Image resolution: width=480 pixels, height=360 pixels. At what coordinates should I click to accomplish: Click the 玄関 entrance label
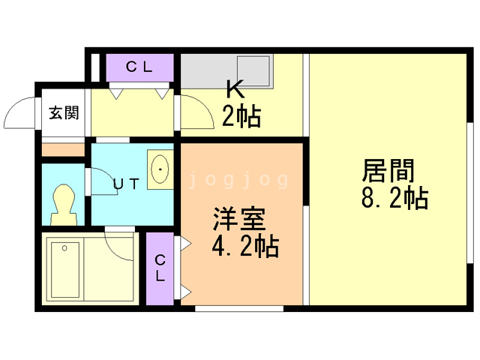click(x=64, y=113)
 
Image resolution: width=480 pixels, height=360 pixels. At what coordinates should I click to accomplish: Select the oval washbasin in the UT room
click(x=161, y=170)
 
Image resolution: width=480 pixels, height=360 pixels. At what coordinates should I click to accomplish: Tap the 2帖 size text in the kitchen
click(x=241, y=116)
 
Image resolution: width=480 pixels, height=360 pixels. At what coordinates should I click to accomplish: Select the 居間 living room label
click(x=388, y=172)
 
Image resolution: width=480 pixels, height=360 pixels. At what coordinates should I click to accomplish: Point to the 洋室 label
click(x=238, y=220)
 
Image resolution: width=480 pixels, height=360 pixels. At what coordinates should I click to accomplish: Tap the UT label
click(x=124, y=183)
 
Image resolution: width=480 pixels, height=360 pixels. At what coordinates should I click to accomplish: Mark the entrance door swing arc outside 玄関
click(x=19, y=114)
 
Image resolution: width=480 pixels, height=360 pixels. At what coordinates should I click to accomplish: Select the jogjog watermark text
click(x=238, y=180)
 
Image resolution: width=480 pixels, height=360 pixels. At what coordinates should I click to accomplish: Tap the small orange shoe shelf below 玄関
click(x=63, y=150)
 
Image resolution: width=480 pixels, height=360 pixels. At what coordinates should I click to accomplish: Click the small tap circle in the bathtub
click(x=66, y=247)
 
